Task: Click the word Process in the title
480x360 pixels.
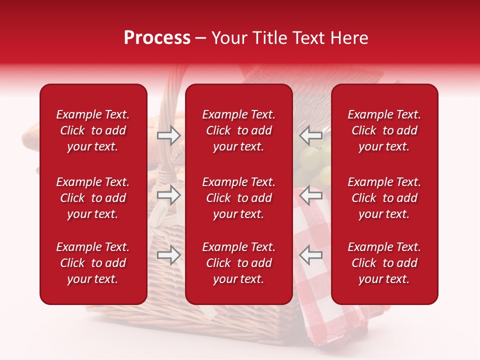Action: pyautogui.click(x=157, y=38)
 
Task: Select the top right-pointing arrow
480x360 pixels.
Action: pyautogui.click(x=168, y=135)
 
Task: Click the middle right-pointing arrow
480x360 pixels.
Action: pyautogui.click(x=168, y=195)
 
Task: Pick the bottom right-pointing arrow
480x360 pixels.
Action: pyautogui.click(x=168, y=255)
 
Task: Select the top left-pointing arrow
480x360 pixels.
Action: pyautogui.click(x=311, y=135)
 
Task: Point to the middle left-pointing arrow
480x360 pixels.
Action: pyautogui.click(x=311, y=195)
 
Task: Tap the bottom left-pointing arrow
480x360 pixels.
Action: pyautogui.click(x=311, y=255)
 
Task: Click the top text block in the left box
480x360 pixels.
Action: pyautogui.click(x=93, y=130)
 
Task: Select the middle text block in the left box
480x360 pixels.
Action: pyautogui.click(x=93, y=198)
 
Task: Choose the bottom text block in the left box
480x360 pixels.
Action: pyautogui.click(x=93, y=263)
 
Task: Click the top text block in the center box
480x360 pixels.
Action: pyautogui.click(x=239, y=130)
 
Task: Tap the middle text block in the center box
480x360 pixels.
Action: pyautogui.click(x=239, y=198)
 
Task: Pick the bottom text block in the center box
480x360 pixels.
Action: pyautogui.click(x=239, y=263)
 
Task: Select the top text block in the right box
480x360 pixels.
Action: pyautogui.click(x=384, y=130)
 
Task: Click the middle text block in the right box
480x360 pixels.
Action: pyautogui.click(x=384, y=198)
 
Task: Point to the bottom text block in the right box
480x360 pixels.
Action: pyautogui.click(x=384, y=263)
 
